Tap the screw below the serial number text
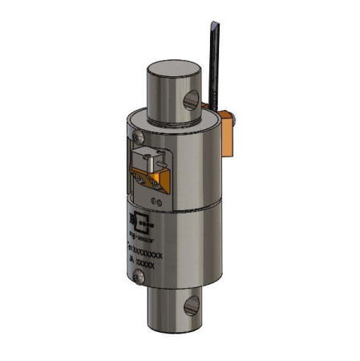(x=141, y=277)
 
